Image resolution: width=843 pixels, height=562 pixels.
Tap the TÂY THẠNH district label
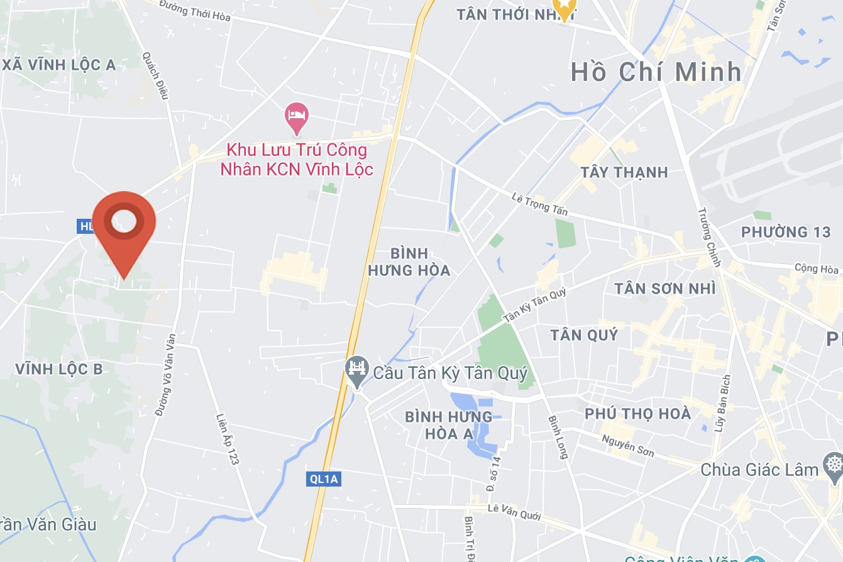624,172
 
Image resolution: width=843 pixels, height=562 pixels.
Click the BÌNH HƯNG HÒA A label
449,425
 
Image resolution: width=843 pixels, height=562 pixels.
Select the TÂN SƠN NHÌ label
665,289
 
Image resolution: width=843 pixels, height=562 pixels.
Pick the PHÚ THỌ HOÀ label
637,414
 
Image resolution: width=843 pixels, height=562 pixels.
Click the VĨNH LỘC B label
59,369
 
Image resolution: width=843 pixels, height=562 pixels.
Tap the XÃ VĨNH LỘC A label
59,65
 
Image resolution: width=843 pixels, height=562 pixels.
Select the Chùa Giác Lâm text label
759,470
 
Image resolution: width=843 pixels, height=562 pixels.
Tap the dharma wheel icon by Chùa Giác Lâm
832,467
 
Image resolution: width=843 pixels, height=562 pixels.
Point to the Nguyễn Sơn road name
627,446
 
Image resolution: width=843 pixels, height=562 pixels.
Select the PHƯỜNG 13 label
786,232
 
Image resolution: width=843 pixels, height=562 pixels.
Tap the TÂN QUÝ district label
584,334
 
